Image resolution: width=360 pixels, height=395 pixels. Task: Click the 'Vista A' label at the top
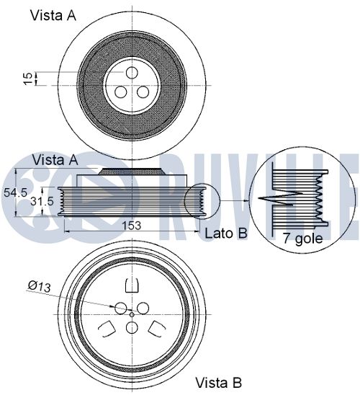53,15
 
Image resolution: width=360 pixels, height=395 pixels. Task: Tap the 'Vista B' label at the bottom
218,383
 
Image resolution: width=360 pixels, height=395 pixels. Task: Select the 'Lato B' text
226,233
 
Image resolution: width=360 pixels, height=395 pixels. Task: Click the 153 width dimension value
132,225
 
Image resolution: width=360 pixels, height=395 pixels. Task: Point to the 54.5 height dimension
15,192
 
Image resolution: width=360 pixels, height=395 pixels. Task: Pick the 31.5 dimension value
42,201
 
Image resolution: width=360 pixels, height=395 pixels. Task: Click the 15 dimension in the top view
28,79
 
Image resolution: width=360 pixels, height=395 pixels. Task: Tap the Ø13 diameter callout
40,286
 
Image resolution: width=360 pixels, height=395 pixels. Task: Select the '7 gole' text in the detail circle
302,238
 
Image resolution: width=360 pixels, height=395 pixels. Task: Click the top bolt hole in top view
132,73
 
